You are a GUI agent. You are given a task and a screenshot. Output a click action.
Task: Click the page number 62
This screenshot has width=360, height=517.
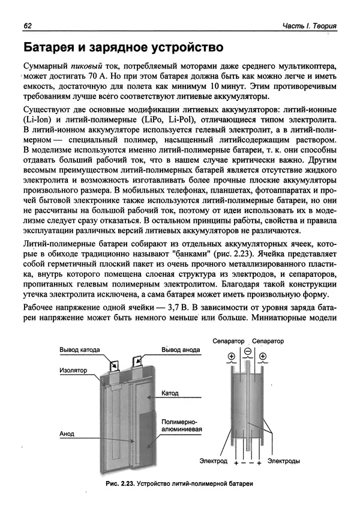pos(28,26)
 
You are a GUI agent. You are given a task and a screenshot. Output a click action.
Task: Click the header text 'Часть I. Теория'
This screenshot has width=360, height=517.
pos(309,26)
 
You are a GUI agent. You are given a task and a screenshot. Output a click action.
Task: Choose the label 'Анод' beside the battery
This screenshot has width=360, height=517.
pos(67,433)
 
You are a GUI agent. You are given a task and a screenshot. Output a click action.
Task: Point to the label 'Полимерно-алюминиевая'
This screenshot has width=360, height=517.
pos(181,426)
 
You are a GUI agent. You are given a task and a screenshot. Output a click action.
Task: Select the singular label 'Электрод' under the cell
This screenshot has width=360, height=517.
pos(213,461)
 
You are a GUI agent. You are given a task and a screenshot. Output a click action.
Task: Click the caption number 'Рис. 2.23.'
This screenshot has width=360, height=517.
pos(119,483)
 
